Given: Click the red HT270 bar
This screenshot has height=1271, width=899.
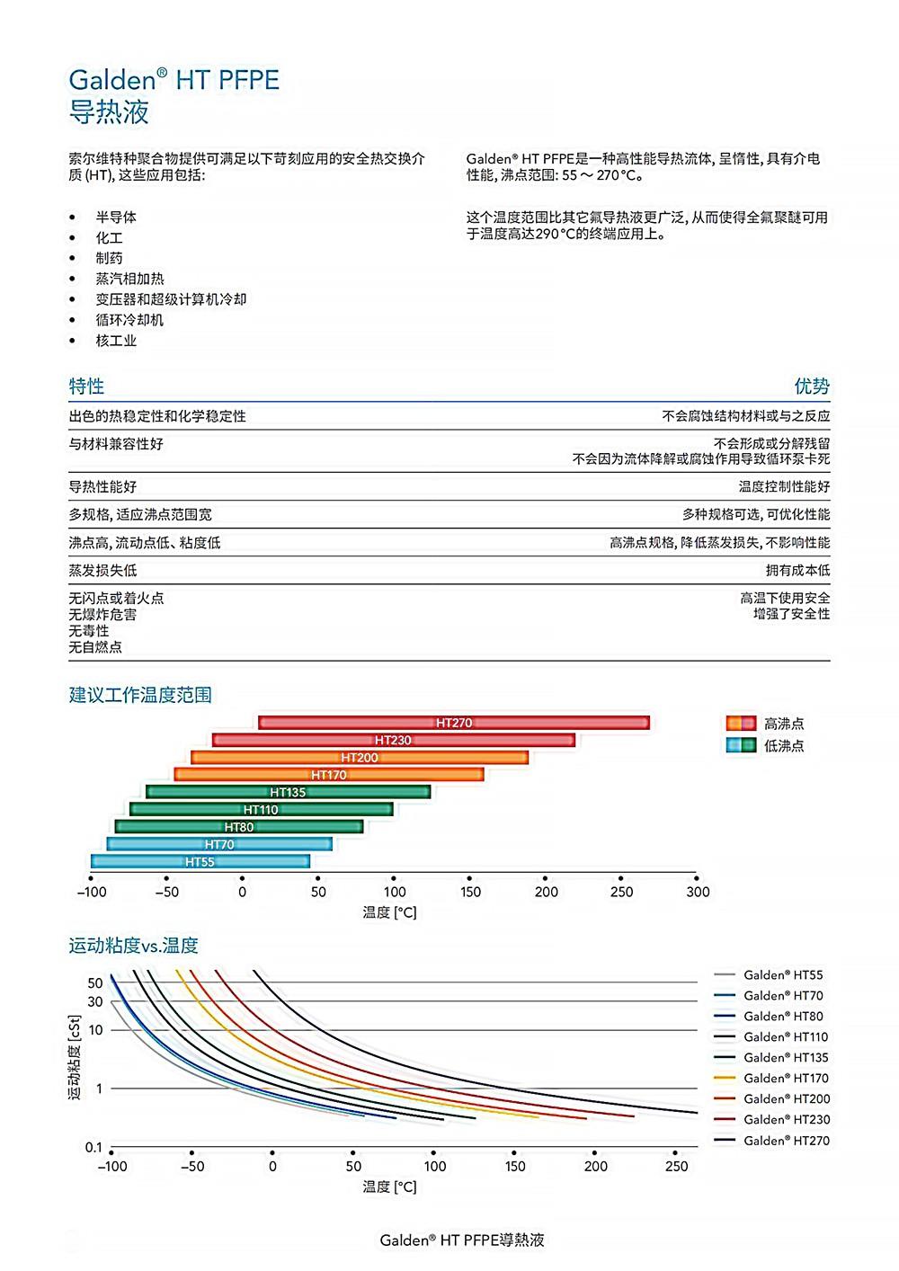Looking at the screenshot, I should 454,723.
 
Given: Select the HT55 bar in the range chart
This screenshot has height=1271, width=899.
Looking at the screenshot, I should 200,861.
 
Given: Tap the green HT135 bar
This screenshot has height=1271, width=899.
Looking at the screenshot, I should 288,792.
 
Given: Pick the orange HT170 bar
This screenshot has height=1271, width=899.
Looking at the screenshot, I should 329,774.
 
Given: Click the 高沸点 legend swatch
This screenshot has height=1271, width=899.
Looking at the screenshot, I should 740,724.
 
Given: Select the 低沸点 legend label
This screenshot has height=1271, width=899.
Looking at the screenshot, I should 784,746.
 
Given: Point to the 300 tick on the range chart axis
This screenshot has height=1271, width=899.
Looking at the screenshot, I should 698,892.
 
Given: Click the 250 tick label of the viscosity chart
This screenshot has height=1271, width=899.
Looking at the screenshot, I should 676,1167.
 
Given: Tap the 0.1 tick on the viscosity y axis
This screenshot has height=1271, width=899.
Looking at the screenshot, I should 93,1148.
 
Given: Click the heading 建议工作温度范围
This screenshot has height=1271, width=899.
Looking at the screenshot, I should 141,695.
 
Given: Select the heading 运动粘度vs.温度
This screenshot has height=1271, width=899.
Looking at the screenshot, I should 133,946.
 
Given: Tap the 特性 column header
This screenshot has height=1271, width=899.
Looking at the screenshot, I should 86,387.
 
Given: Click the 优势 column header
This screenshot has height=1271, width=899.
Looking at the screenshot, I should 812,387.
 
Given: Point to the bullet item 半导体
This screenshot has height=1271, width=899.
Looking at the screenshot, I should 116,218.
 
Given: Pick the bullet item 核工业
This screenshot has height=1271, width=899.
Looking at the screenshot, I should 116,341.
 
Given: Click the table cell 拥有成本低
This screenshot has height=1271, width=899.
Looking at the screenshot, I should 797,571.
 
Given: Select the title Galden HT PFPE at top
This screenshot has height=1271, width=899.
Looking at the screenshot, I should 174,80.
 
